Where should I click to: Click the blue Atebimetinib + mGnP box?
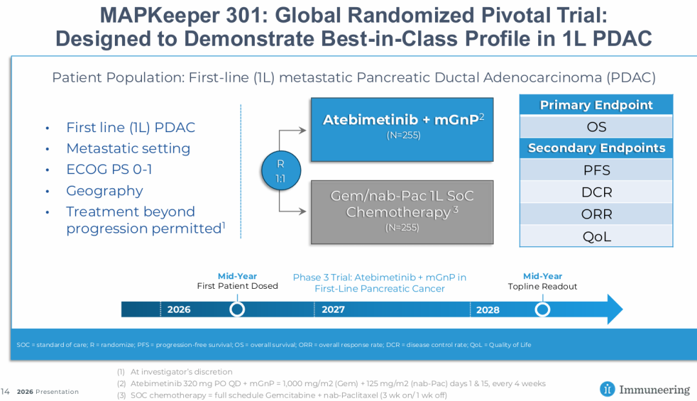401,129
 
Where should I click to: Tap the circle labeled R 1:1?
281,170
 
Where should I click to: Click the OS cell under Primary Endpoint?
596,127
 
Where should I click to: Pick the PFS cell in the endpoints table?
596,171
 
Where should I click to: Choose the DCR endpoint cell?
596,192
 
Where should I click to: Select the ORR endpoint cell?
596,214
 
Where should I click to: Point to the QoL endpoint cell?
596,236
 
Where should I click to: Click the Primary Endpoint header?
596,105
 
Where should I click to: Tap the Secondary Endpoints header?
596,148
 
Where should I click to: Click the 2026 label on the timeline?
179,309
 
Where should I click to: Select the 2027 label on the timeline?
333,309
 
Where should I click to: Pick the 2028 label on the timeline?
487,309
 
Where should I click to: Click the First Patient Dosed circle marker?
237,309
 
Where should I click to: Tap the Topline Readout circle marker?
543,309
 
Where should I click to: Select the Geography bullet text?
105,191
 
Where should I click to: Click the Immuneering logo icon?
607,389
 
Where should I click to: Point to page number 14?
5,391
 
